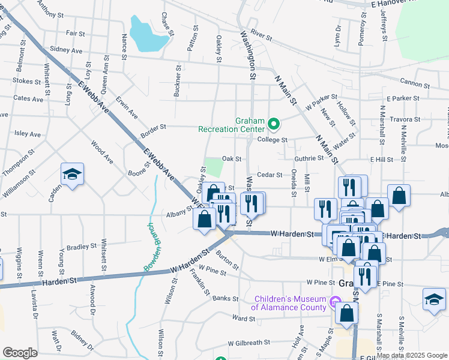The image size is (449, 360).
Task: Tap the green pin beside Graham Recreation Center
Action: pyautogui.click(x=274, y=124)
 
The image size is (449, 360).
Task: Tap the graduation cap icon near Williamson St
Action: pyautogui.click(x=72, y=175)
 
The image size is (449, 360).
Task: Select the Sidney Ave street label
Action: pyautogui.click(x=67, y=50)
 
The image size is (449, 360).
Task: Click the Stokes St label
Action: pyautogui.click(x=26, y=80)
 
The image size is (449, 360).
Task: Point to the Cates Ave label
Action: pyautogui.click(x=28, y=98)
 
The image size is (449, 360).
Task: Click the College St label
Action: pyautogui.click(x=273, y=139)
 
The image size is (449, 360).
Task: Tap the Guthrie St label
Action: pyautogui.click(x=309, y=158)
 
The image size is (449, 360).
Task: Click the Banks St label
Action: pyautogui.click(x=221, y=298)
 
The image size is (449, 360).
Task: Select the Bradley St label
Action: pyautogui.click(x=82, y=246)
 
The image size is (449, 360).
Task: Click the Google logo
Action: pyautogui.click(x=20, y=353)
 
